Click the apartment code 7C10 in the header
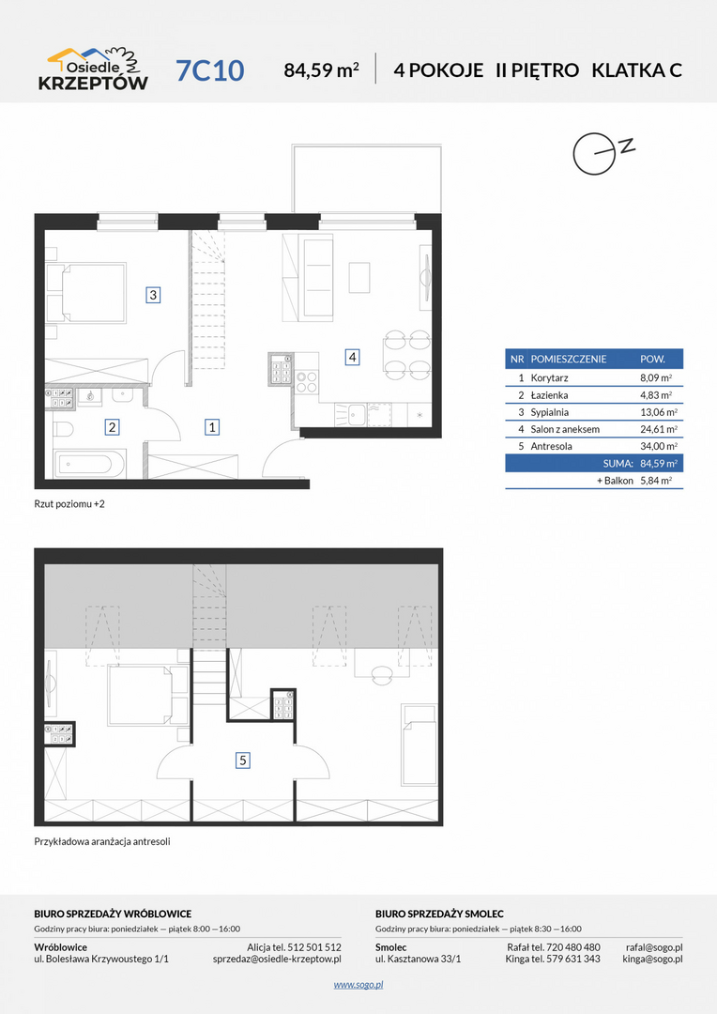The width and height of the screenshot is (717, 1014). pos(210,70)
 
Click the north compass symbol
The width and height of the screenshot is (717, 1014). pos(601,153)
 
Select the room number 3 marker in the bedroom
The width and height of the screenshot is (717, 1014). pos(153,295)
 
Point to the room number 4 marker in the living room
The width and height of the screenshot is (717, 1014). pos(352,357)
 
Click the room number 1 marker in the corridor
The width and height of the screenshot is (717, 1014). pos(211,426)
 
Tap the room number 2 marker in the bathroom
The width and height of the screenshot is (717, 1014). pos(112,426)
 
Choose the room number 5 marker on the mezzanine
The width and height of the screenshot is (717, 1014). pos(242,760)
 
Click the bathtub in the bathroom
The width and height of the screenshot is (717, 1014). pos(87,464)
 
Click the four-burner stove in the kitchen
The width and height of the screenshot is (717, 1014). pos(307,381)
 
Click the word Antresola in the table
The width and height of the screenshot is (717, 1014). pos(551,446)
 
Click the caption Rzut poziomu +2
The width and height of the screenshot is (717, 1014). pos(69,504)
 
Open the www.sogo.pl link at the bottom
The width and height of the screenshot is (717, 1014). pos(358,985)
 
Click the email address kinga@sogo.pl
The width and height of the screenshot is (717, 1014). pos(652,959)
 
